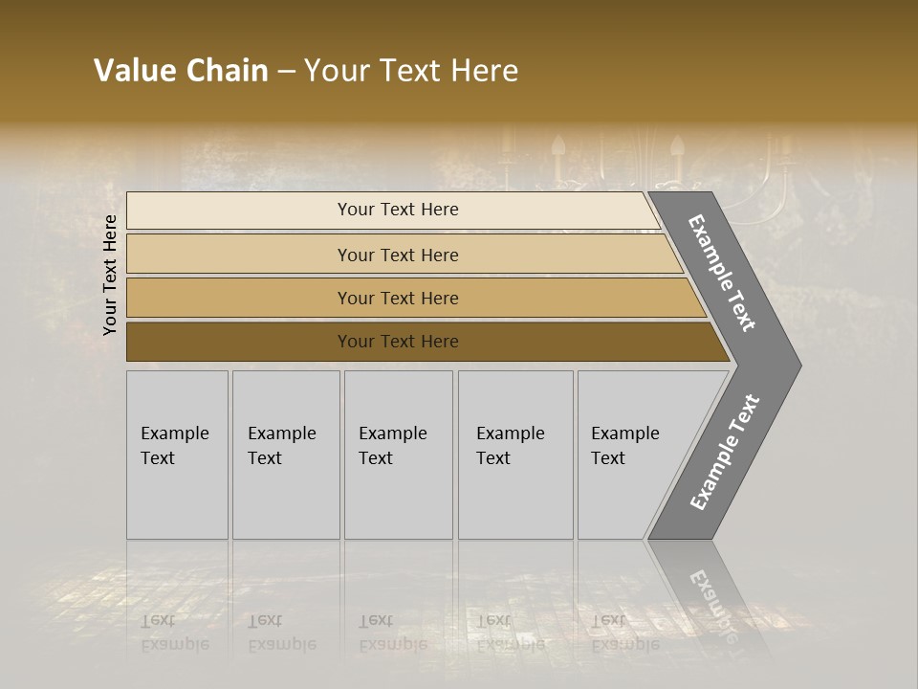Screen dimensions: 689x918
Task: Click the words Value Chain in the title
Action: (181, 71)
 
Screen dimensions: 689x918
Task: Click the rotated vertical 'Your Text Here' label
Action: (110, 275)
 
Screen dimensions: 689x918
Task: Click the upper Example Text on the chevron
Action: (723, 273)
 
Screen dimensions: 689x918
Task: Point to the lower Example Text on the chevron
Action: (725, 453)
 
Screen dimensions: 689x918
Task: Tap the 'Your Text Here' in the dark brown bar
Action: (398, 342)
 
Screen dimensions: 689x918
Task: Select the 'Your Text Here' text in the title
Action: (411, 71)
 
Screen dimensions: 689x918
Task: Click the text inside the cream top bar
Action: (398, 210)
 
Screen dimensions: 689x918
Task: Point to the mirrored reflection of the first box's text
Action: (174, 632)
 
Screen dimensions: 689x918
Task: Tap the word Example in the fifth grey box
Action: (625, 433)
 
